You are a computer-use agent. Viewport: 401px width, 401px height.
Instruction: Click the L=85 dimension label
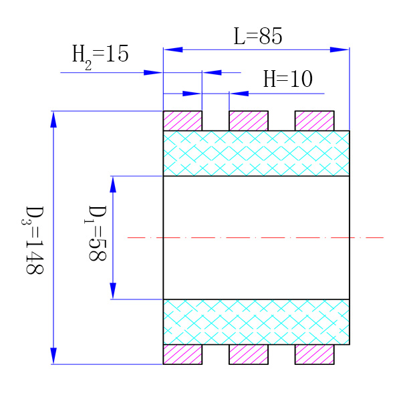(x=257, y=36)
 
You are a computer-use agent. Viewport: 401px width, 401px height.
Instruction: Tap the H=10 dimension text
(x=287, y=80)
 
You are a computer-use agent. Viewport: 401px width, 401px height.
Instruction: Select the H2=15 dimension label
(x=100, y=54)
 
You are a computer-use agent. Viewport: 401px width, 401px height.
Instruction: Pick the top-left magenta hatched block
(x=182, y=121)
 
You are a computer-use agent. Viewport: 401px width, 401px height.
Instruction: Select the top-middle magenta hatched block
(x=249, y=121)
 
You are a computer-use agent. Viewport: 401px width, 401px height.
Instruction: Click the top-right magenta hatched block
(x=314, y=121)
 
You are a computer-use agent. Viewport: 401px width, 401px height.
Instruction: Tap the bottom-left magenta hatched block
(x=182, y=354)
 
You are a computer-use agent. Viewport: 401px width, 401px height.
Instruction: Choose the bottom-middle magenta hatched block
(x=249, y=354)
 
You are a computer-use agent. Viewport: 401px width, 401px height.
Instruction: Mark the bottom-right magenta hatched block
(x=314, y=354)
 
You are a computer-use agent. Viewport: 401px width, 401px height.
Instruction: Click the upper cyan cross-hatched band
(x=256, y=153)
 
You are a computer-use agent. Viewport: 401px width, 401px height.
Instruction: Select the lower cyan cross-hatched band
(x=256, y=321)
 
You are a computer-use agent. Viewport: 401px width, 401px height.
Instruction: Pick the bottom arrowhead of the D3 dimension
(x=54, y=356)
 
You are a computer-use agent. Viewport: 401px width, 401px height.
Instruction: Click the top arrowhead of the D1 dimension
(x=113, y=184)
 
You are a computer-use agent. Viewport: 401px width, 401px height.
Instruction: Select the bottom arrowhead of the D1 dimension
(x=113, y=291)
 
